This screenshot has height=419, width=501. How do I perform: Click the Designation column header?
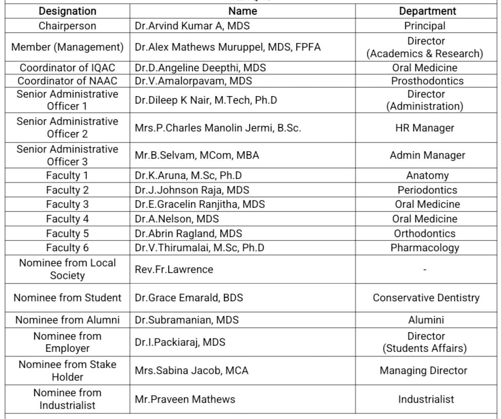pos(67,11)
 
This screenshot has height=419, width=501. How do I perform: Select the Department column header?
pos(427,11)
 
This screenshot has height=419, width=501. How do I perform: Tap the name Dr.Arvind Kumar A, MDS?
pos(192,26)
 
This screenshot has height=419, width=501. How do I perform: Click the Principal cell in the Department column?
pos(425,26)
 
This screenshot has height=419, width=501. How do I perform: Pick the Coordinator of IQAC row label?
pos(67,68)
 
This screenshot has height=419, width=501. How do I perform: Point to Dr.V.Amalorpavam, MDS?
pos(193,81)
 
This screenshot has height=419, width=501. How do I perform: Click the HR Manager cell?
pos(425,128)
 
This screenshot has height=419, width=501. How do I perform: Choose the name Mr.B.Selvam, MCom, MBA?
pos(197,156)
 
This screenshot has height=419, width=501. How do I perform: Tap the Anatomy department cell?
pos(427,176)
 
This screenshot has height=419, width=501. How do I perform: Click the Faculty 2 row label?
pos(67,190)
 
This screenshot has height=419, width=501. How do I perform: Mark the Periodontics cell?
pos(427,190)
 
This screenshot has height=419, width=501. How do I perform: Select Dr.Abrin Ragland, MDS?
pos(188,234)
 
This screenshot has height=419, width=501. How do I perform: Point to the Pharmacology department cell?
pos(425,248)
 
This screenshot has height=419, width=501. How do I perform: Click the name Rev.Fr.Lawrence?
pos(174,269)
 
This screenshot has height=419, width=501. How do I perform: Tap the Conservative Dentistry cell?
pos(426,298)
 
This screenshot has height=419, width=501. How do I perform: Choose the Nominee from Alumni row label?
pos(67,320)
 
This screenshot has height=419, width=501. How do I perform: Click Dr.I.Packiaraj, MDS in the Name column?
pos(180,342)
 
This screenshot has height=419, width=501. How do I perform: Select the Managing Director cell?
pos(424,370)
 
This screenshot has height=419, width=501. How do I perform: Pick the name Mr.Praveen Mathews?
pos(185,399)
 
